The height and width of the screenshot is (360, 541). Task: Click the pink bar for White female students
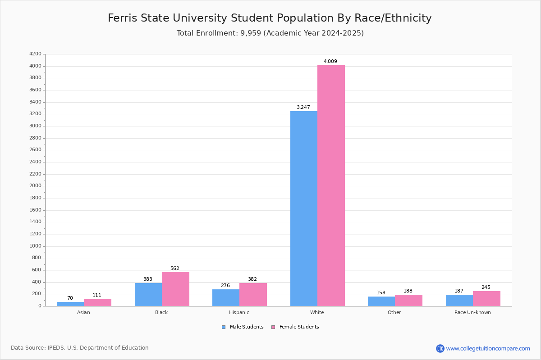(331, 186)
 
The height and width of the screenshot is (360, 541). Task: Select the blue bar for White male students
(304, 208)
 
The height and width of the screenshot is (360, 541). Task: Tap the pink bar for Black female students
(175, 289)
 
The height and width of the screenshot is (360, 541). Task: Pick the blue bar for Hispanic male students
(226, 298)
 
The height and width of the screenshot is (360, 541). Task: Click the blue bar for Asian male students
(70, 304)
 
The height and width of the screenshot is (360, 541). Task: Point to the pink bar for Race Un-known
(486, 299)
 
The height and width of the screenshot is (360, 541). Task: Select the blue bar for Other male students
(381, 301)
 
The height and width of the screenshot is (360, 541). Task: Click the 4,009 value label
(330, 61)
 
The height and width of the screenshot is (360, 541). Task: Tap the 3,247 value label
(303, 107)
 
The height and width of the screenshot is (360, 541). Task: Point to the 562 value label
(174, 268)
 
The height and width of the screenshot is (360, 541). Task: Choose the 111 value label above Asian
(96, 295)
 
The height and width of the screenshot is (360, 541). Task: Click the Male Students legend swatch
(224, 327)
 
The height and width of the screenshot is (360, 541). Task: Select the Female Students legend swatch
(273, 327)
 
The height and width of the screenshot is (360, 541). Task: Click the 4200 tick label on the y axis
(35, 54)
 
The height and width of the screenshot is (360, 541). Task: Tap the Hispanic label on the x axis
(239, 312)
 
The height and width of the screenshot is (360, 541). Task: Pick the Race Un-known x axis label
(472, 312)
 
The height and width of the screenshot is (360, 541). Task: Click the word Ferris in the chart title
(123, 18)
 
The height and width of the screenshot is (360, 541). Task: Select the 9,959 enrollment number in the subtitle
(251, 33)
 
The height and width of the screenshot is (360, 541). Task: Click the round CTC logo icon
(440, 348)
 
